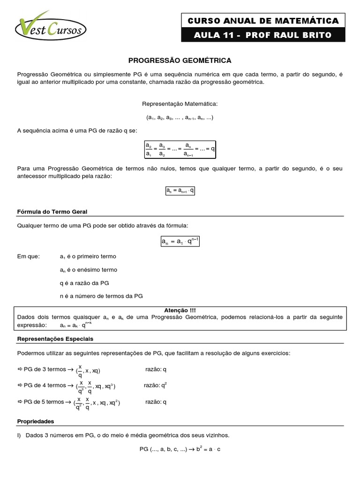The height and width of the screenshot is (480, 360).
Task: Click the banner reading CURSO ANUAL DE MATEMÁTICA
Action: (x=263, y=21)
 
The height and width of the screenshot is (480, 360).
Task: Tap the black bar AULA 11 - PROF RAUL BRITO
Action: (x=263, y=35)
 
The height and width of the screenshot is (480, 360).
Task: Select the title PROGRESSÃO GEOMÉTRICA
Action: (x=180, y=60)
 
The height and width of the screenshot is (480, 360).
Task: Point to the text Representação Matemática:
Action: (x=180, y=104)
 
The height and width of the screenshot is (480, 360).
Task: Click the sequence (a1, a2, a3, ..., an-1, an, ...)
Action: (x=180, y=117)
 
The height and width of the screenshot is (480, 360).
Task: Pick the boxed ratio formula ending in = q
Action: (x=180, y=149)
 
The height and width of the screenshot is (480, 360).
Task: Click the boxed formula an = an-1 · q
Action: (x=180, y=191)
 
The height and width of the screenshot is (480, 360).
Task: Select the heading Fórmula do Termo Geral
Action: (x=52, y=212)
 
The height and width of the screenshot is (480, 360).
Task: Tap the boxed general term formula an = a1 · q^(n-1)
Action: (x=180, y=241)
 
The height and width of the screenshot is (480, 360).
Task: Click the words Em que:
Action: (x=29, y=257)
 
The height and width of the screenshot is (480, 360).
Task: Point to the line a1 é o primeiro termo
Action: (x=88, y=257)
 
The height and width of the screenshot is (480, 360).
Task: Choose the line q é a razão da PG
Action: (x=84, y=283)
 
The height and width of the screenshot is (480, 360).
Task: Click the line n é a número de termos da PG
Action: (x=101, y=296)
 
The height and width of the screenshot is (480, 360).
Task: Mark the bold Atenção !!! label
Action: (x=180, y=310)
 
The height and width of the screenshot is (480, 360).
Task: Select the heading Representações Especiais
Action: (x=55, y=338)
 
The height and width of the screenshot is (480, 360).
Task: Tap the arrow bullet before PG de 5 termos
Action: (x=20, y=402)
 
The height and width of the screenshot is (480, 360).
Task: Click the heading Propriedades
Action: (x=36, y=421)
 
